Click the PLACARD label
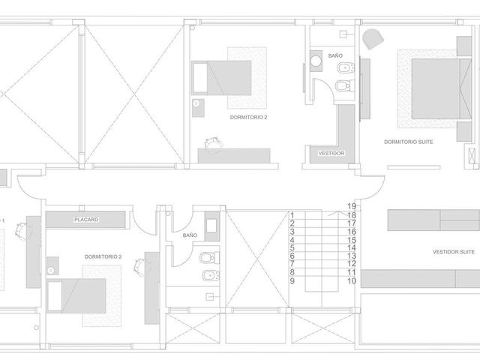pos(86,220)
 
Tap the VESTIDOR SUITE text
pos(453,252)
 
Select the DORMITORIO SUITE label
pos(408,142)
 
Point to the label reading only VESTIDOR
pos(331,153)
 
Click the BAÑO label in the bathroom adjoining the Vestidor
pos(335,55)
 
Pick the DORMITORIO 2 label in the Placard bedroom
pos(103,256)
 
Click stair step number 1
pos(292,215)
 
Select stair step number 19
pos(352,206)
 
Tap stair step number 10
pos(352,280)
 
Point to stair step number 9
pos(292,280)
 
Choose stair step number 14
pos(352,248)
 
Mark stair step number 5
pos(292,248)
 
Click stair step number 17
pos(352,223)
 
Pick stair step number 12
pos(352,263)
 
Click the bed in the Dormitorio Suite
pos(442,88)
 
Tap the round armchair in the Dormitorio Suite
pos(373,38)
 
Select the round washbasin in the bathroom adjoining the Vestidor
pos(316,61)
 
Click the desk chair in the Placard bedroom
pos(139,266)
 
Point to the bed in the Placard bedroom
pos(76,295)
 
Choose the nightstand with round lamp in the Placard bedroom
pos(52,266)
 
